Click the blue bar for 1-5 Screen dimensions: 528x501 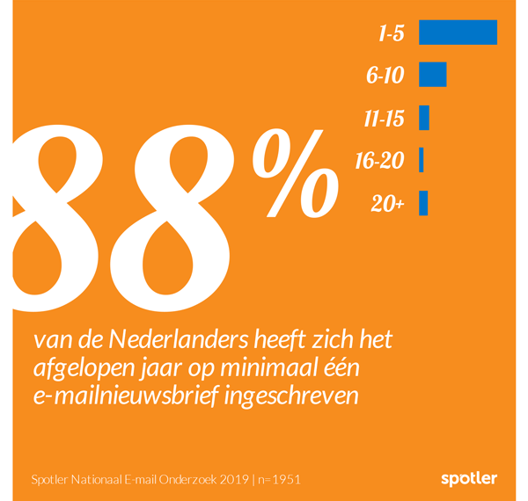[x=458, y=33]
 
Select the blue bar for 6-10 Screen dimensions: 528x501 [x=433, y=75]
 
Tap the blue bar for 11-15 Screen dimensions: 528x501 [x=424, y=118]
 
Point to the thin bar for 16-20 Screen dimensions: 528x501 [x=422, y=160]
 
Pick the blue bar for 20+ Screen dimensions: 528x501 [x=423, y=203]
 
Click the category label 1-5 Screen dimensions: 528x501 [x=391, y=34]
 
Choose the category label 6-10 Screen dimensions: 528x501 [x=385, y=76]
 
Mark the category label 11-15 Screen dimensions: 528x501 [x=384, y=119]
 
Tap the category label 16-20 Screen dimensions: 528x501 [x=379, y=161]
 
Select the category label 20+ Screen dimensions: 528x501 [x=387, y=204]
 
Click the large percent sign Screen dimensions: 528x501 [x=296, y=174]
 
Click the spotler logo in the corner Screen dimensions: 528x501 [x=469, y=479]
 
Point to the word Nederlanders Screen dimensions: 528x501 [x=179, y=340]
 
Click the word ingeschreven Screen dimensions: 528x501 [x=291, y=396]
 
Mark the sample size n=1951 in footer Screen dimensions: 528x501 [x=279, y=480]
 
